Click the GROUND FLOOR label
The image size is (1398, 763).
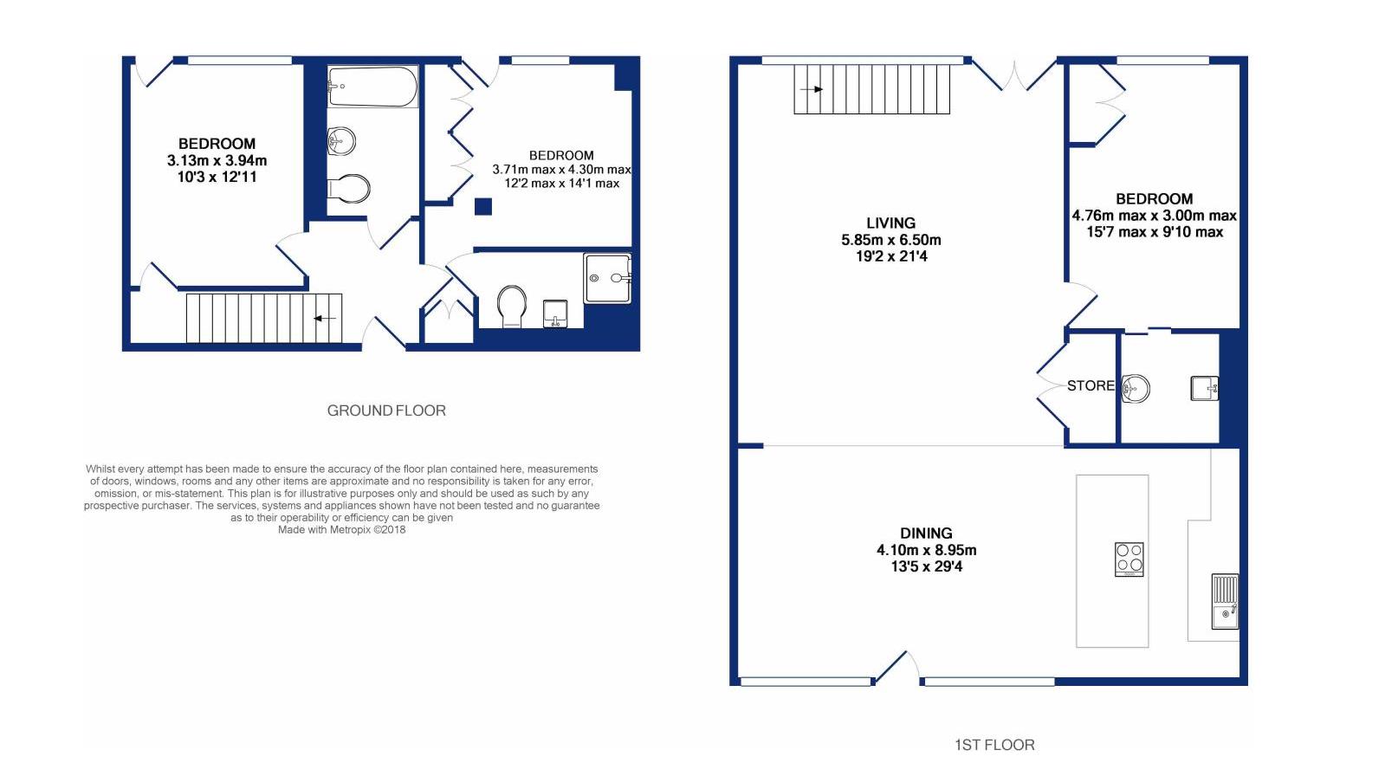point(386,411)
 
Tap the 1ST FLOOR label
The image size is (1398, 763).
point(993,745)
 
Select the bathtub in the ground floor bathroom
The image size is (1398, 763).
point(372,87)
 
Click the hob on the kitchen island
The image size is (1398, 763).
point(1129,559)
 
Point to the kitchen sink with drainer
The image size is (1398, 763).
point(1224,601)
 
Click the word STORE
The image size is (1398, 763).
point(1090,385)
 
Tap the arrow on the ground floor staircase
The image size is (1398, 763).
point(324,319)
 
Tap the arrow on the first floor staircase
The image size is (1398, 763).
point(812,89)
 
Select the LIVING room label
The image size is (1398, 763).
point(890,223)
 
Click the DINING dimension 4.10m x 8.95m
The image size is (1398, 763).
point(926,550)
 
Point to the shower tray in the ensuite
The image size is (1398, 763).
point(607,278)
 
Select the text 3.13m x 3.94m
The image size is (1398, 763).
point(217,160)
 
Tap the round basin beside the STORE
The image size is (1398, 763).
point(1135,388)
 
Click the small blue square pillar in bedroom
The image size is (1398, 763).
point(483,206)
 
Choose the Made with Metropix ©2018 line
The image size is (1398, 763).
point(341,530)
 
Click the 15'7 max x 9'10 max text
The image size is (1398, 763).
point(1154,232)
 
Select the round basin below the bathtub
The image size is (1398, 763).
point(341,140)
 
